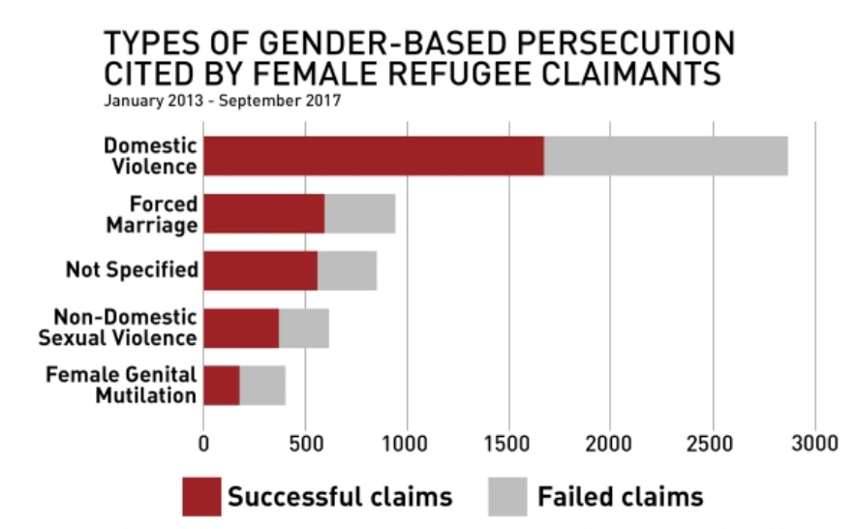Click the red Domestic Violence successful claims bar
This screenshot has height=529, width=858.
click(x=374, y=156)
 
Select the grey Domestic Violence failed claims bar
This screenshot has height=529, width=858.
click(x=666, y=156)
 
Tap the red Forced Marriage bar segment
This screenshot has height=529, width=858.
click(x=264, y=213)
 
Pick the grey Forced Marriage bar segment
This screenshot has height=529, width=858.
click(x=360, y=213)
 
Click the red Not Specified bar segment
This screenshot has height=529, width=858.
click(x=260, y=270)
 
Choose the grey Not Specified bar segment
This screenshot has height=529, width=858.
click(x=347, y=270)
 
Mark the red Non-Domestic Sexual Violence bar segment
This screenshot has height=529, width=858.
click(x=241, y=327)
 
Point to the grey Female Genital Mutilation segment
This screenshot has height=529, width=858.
click(x=262, y=385)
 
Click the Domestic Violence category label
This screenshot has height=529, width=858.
click(x=150, y=156)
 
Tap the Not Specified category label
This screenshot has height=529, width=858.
click(x=132, y=270)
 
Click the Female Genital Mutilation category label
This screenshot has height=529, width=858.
click(x=121, y=385)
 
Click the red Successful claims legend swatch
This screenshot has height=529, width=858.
click(x=201, y=497)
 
